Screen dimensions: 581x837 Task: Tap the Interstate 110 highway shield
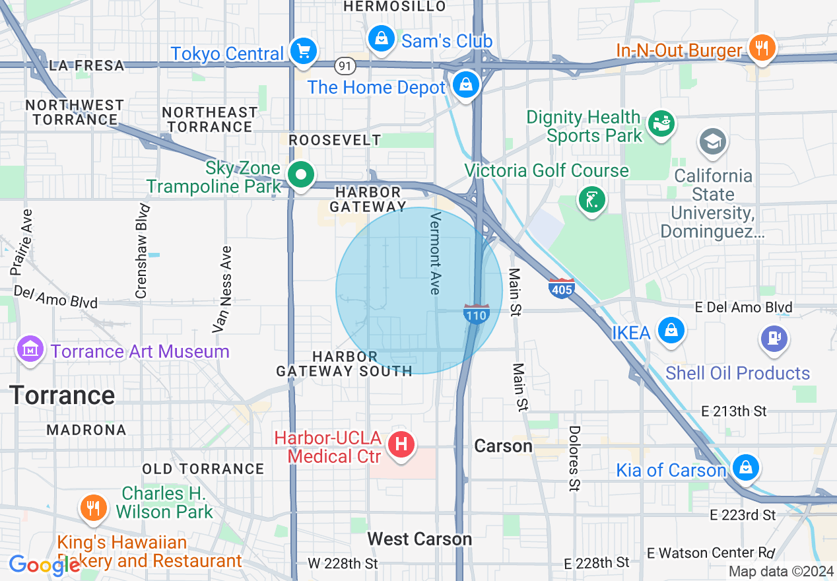tap(476, 314)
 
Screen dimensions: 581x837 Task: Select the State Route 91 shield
tap(345, 65)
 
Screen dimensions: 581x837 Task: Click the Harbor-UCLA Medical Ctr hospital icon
tap(401, 444)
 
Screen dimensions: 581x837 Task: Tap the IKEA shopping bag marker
tap(671, 329)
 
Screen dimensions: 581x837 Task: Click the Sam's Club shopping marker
tap(381, 39)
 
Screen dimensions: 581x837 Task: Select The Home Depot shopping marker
tap(466, 85)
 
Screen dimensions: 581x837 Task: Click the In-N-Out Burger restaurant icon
tap(762, 48)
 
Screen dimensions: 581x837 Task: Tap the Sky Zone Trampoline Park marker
tap(302, 176)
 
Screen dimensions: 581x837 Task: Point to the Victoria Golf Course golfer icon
tap(591, 199)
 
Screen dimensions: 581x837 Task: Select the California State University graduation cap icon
tap(713, 142)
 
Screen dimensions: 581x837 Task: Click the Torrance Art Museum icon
tap(30, 349)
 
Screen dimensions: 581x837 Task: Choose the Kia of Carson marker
tap(745, 468)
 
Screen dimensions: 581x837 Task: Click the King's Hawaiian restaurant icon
tap(93, 507)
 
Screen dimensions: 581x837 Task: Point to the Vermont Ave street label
tap(434, 253)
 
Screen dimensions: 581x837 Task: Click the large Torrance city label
tap(62, 395)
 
